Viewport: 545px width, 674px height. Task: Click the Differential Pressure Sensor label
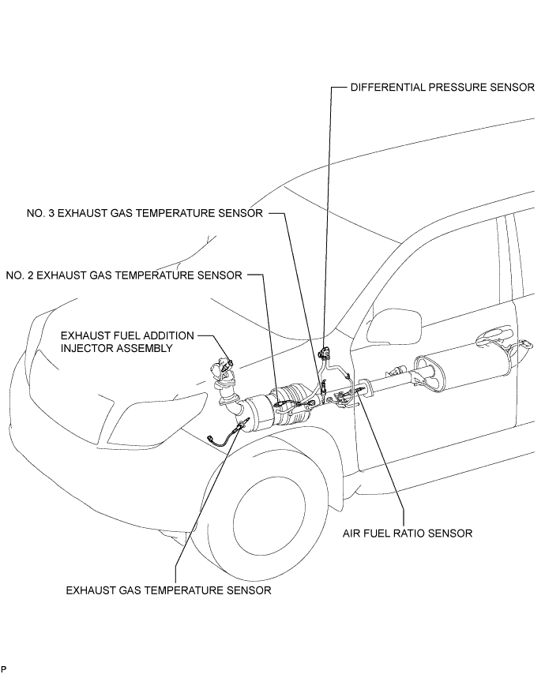click(442, 88)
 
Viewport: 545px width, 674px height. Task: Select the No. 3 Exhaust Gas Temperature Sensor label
click(145, 213)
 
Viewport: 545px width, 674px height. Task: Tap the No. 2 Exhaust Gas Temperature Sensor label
click(124, 275)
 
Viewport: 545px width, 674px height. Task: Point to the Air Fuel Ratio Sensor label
click(408, 534)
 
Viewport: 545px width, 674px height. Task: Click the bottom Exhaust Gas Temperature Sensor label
click(168, 590)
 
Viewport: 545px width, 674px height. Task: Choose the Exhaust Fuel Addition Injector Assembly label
click(127, 342)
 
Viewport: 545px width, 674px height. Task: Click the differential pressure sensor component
click(324, 354)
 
